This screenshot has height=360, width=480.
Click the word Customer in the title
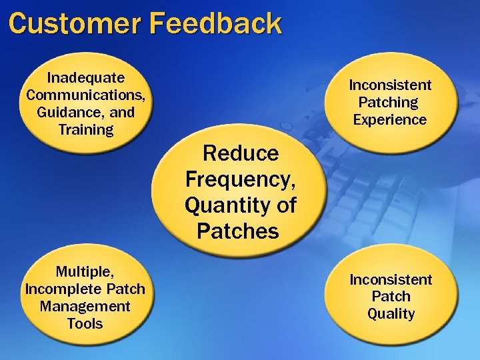tap(75, 23)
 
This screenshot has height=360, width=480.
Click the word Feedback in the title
tap(215, 23)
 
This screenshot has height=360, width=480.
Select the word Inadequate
tap(85, 77)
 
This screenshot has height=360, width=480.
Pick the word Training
tap(86, 129)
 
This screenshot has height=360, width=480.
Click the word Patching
tap(388, 103)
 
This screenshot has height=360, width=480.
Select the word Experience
tap(390, 120)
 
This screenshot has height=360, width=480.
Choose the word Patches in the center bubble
tap(237, 231)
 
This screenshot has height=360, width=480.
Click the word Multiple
tap(85, 272)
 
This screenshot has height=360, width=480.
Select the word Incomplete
tap(65, 289)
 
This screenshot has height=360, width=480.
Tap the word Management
tap(85, 307)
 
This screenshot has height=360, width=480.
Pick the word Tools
tap(85, 324)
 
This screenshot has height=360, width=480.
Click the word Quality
tap(391, 314)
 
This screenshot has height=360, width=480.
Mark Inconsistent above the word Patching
tap(390, 85)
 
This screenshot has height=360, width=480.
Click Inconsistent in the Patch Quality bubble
tap(391, 279)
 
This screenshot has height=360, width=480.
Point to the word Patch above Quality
tap(391, 297)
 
